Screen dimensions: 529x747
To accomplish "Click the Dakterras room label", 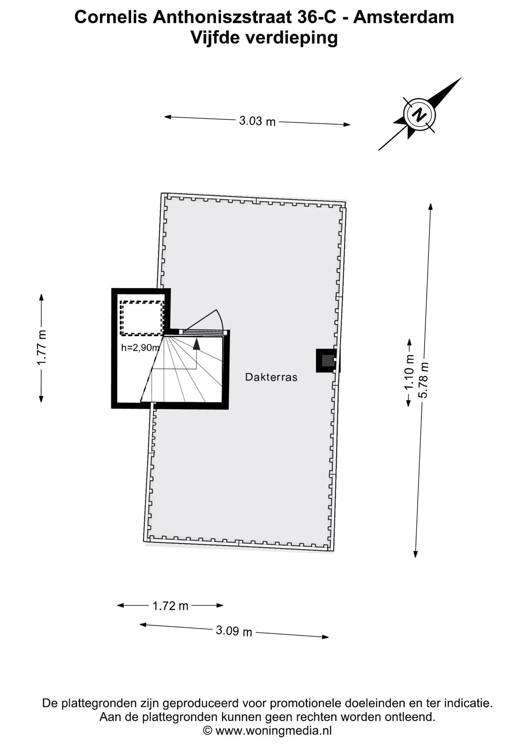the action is tap(271, 377).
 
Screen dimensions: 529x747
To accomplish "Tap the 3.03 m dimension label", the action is tap(257, 121).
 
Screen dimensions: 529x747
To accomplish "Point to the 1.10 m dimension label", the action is tap(409, 372).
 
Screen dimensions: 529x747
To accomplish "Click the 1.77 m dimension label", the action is tap(42, 348).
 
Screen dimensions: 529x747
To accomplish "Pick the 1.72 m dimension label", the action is tap(170, 606).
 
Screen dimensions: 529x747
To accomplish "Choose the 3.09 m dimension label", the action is tap(234, 631).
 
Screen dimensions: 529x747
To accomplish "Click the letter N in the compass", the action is tap(419, 115).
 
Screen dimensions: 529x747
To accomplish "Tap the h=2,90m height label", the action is tap(141, 348).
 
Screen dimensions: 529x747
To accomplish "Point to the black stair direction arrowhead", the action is tap(196, 344).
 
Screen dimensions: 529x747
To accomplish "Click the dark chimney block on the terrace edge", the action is tap(326, 361).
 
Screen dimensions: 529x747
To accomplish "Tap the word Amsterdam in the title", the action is tap(404, 17).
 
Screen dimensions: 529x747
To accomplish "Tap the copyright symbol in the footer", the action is tap(208, 730).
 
